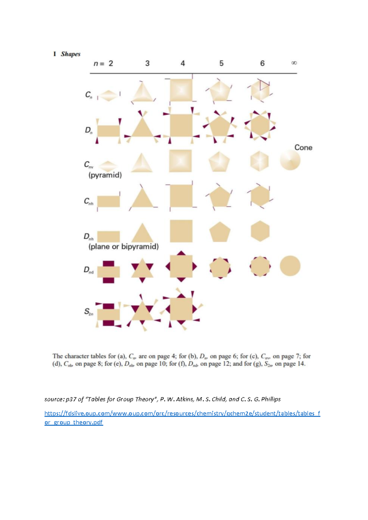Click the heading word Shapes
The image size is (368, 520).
click(70, 54)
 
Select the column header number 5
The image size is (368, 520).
click(221, 63)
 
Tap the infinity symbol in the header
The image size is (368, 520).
click(294, 63)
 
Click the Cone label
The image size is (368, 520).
click(303, 147)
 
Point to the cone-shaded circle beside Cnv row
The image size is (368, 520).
click(290, 160)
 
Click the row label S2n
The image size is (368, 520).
click(88, 312)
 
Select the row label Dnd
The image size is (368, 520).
click(88, 270)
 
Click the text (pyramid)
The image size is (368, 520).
click(105, 175)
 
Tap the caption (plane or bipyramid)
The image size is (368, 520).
click(124, 247)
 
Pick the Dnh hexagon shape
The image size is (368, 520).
click(260, 231)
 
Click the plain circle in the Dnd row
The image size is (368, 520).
click(290, 266)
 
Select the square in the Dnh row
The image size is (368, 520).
click(181, 231)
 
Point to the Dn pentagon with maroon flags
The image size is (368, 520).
click(220, 126)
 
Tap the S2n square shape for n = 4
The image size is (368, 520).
click(181, 309)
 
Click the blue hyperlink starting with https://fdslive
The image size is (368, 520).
click(182, 413)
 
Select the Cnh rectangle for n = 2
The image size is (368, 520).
click(109, 201)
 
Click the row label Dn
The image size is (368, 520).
click(88, 130)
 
